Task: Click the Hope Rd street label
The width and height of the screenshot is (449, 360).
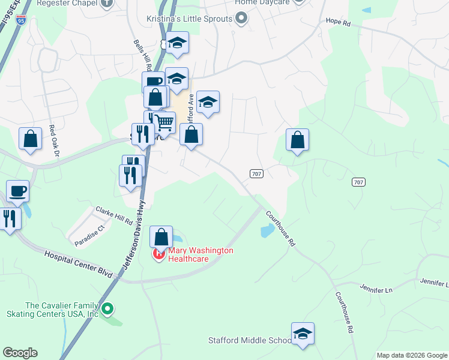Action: click(337, 22)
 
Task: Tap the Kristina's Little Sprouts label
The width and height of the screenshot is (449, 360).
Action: click(189, 19)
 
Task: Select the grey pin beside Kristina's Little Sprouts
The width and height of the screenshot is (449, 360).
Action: click(241, 19)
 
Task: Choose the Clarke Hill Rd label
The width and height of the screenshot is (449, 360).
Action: click(114, 215)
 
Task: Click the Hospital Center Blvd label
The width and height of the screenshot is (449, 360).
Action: click(78, 264)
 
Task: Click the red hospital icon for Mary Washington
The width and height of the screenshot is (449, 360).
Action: click(160, 254)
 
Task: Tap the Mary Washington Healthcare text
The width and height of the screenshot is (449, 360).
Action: click(200, 254)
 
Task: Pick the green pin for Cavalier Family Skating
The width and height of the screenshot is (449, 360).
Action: click(107, 310)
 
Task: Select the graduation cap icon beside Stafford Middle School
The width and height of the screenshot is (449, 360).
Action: click(303, 334)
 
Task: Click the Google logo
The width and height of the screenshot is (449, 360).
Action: click(20, 353)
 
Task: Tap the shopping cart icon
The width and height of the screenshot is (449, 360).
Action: click(164, 122)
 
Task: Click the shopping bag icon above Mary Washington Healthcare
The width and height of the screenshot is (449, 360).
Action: click(161, 236)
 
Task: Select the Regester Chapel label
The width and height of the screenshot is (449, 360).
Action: click(67, 2)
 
